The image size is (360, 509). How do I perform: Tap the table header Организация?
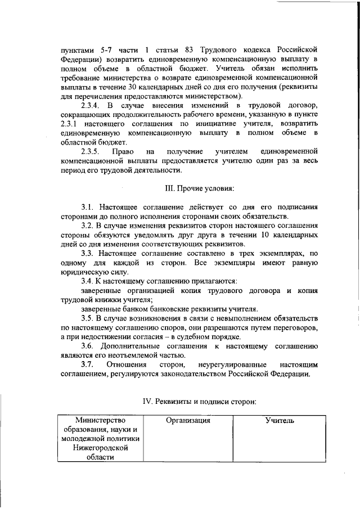tap(188, 420)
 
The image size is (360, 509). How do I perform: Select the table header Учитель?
tap(280, 420)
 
